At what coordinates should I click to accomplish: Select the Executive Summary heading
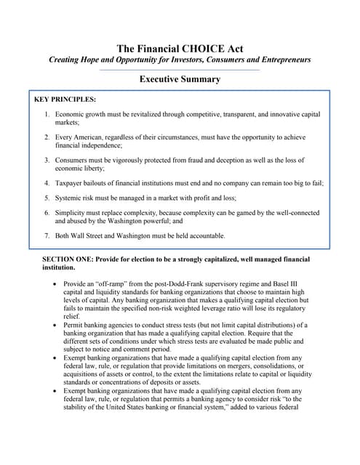180,78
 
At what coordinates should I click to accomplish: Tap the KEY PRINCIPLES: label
65,98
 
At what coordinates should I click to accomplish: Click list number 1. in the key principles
47,115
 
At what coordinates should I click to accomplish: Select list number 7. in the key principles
47,235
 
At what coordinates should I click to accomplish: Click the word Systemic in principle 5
71,198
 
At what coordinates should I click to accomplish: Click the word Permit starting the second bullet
74,325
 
